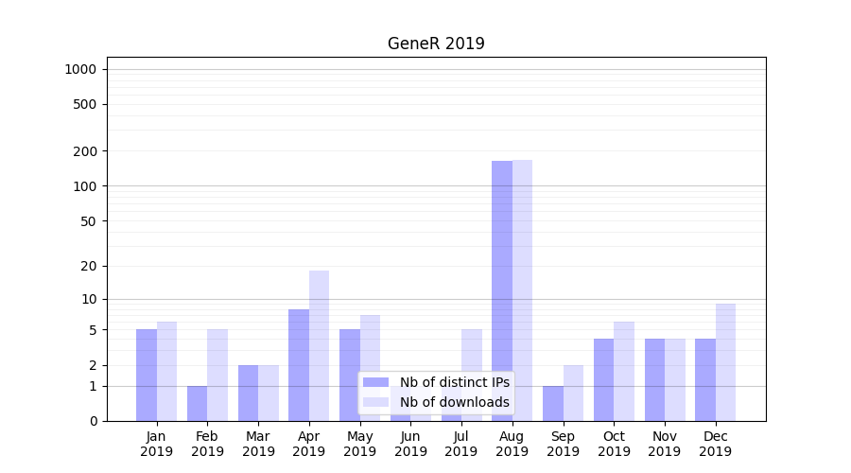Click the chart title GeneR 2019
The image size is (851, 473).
[x=436, y=44]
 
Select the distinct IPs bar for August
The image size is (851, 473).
[x=502, y=290]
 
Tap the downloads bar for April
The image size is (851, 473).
[x=319, y=345]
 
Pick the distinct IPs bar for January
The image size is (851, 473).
[x=147, y=375]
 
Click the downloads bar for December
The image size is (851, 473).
[x=725, y=362]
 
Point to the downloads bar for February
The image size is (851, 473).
[x=217, y=375]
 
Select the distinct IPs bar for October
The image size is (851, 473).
[x=603, y=379]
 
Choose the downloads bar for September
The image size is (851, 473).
[x=573, y=393]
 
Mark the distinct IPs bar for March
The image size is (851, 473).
[x=248, y=393]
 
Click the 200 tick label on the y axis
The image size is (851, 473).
[x=85, y=151]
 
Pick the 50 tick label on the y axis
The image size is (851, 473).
[x=89, y=221]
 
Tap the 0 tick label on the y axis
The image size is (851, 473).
[x=93, y=421]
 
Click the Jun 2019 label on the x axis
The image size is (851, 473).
[x=410, y=444]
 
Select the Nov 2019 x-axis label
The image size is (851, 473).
[x=665, y=444]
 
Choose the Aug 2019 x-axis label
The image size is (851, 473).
[x=512, y=444]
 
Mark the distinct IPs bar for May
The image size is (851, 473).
[x=350, y=375]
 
